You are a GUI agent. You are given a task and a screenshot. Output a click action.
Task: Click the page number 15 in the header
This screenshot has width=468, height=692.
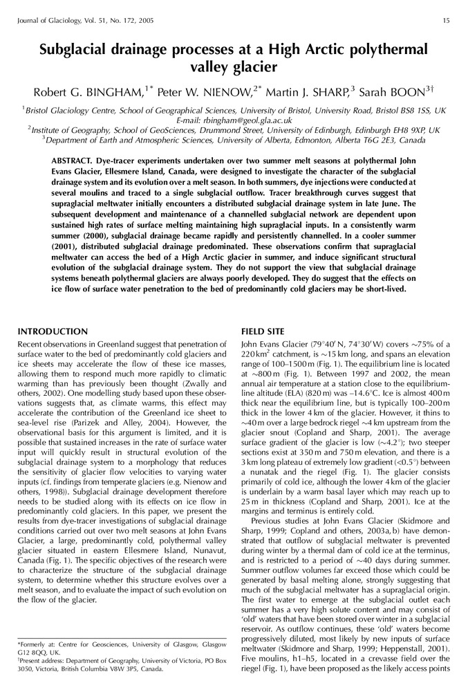[446, 20]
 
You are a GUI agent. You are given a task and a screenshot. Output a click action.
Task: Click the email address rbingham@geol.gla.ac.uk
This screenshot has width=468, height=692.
[252, 120]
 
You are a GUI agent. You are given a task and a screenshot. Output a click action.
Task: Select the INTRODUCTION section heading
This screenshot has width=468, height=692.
[53, 331]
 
